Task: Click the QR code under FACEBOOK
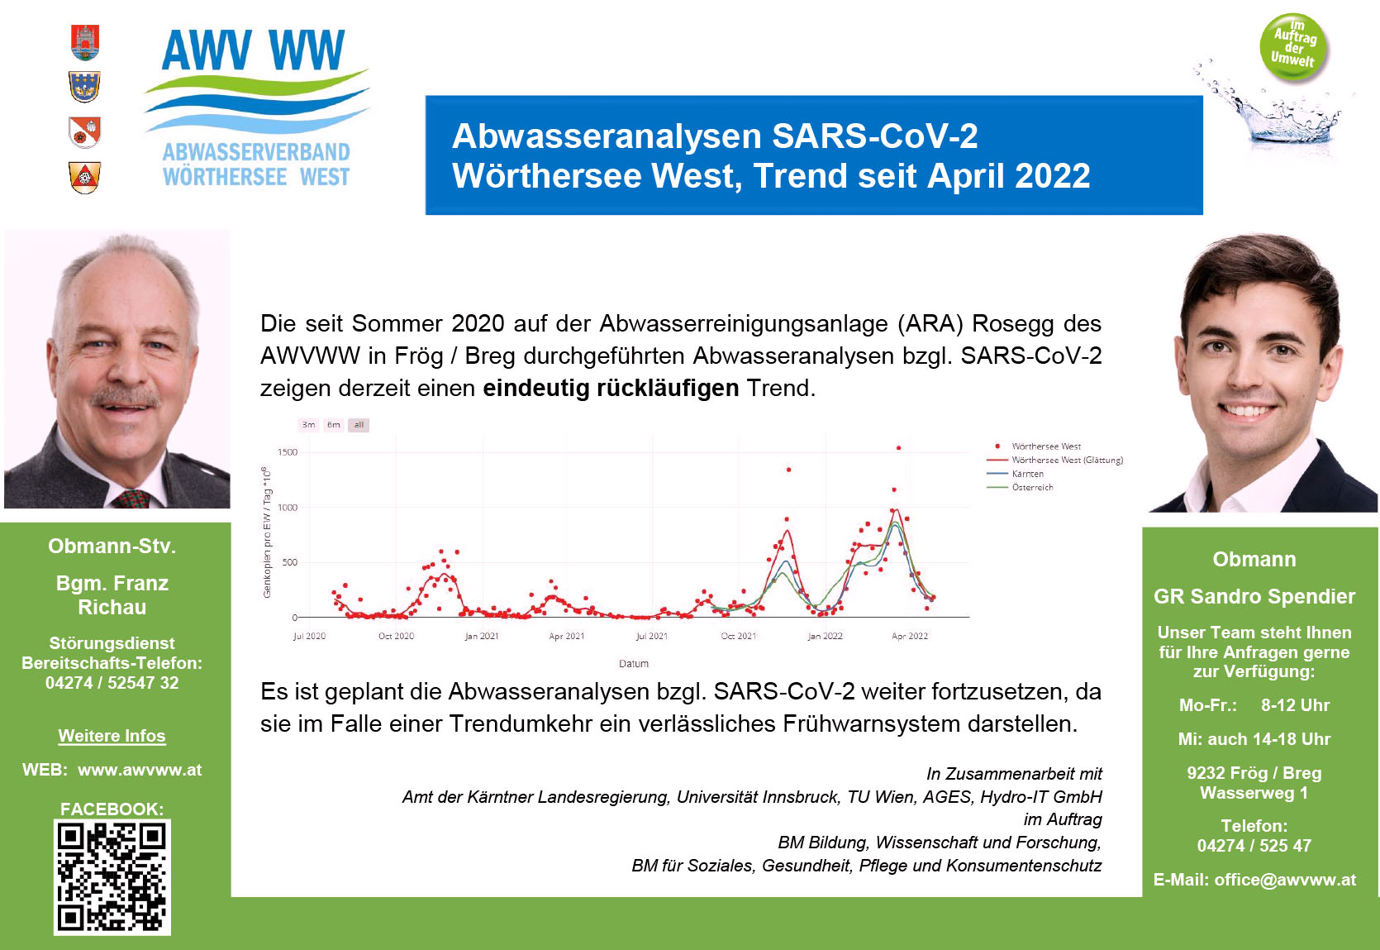pos(112,876)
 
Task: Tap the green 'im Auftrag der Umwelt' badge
pos(1294,47)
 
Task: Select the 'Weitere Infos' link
pos(112,736)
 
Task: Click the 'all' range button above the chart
pos(359,425)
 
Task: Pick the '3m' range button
pos(309,425)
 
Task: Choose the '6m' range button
pos(333,425)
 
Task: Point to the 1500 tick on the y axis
pos(287,452)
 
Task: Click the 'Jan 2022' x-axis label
pos(825,636)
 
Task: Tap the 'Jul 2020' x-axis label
pos(309,636)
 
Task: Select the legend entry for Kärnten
pos(1028,474)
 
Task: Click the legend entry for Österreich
pos(1033,487)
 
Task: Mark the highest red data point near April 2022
pos(899,448)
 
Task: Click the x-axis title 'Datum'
pos(634,663)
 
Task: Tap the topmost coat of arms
pos(85,42)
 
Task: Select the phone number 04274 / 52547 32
pos(112,683)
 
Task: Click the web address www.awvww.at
pos(140,770)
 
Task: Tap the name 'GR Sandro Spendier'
pos(1254,596)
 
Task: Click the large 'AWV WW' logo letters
pos(253,50)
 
